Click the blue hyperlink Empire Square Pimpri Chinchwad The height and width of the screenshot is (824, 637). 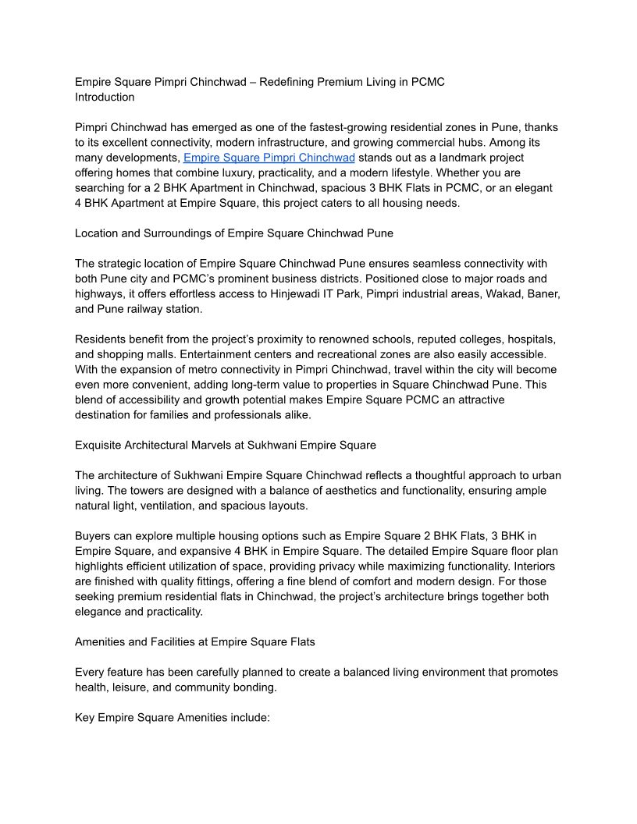click(x=269, y=158)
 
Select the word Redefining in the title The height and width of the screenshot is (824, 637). click(x=286, y=82)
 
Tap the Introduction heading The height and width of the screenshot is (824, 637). click(x=105, y=98)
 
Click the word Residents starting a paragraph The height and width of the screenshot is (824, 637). click(x=101, y=339)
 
